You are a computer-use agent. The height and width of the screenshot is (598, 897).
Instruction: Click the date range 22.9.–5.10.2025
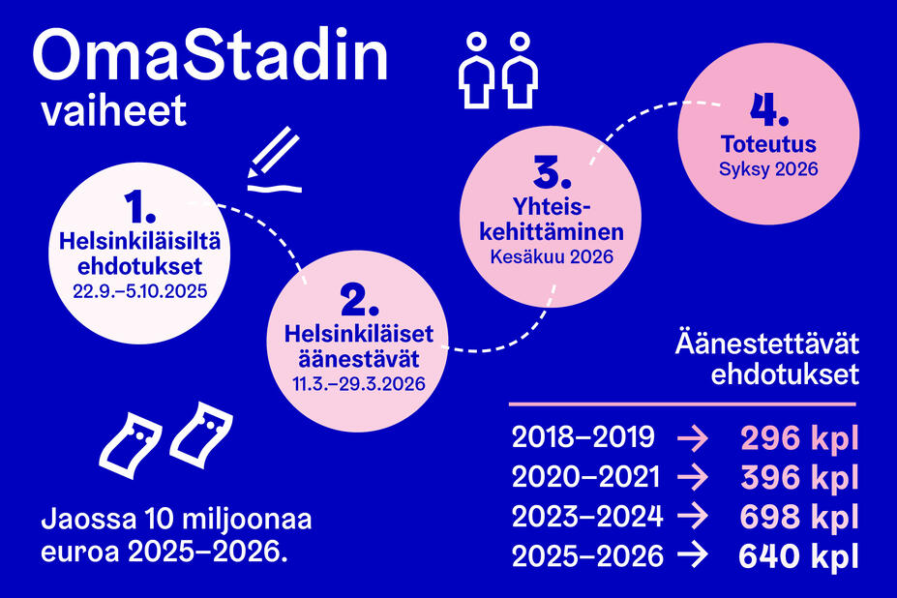click(139, 290)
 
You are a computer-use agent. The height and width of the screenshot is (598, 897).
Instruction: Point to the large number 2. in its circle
click(358, 303)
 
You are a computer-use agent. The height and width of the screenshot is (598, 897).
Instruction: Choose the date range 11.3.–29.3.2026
click(358, 383)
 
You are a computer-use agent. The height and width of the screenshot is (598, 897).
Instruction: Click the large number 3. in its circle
click(552, 174)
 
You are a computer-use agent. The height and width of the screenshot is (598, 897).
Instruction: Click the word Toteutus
click(769, 146)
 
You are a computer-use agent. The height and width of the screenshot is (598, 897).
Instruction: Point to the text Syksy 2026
click(769, 168)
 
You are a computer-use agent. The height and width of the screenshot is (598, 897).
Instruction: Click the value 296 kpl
click(799, 439)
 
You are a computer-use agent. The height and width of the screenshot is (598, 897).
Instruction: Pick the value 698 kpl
click(799, 518)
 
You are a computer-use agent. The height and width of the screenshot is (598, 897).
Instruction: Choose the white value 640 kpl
click(799, 557)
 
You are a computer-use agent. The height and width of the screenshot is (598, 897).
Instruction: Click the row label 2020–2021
click(586, 478)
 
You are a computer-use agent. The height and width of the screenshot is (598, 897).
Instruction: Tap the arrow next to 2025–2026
click(694, 557)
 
